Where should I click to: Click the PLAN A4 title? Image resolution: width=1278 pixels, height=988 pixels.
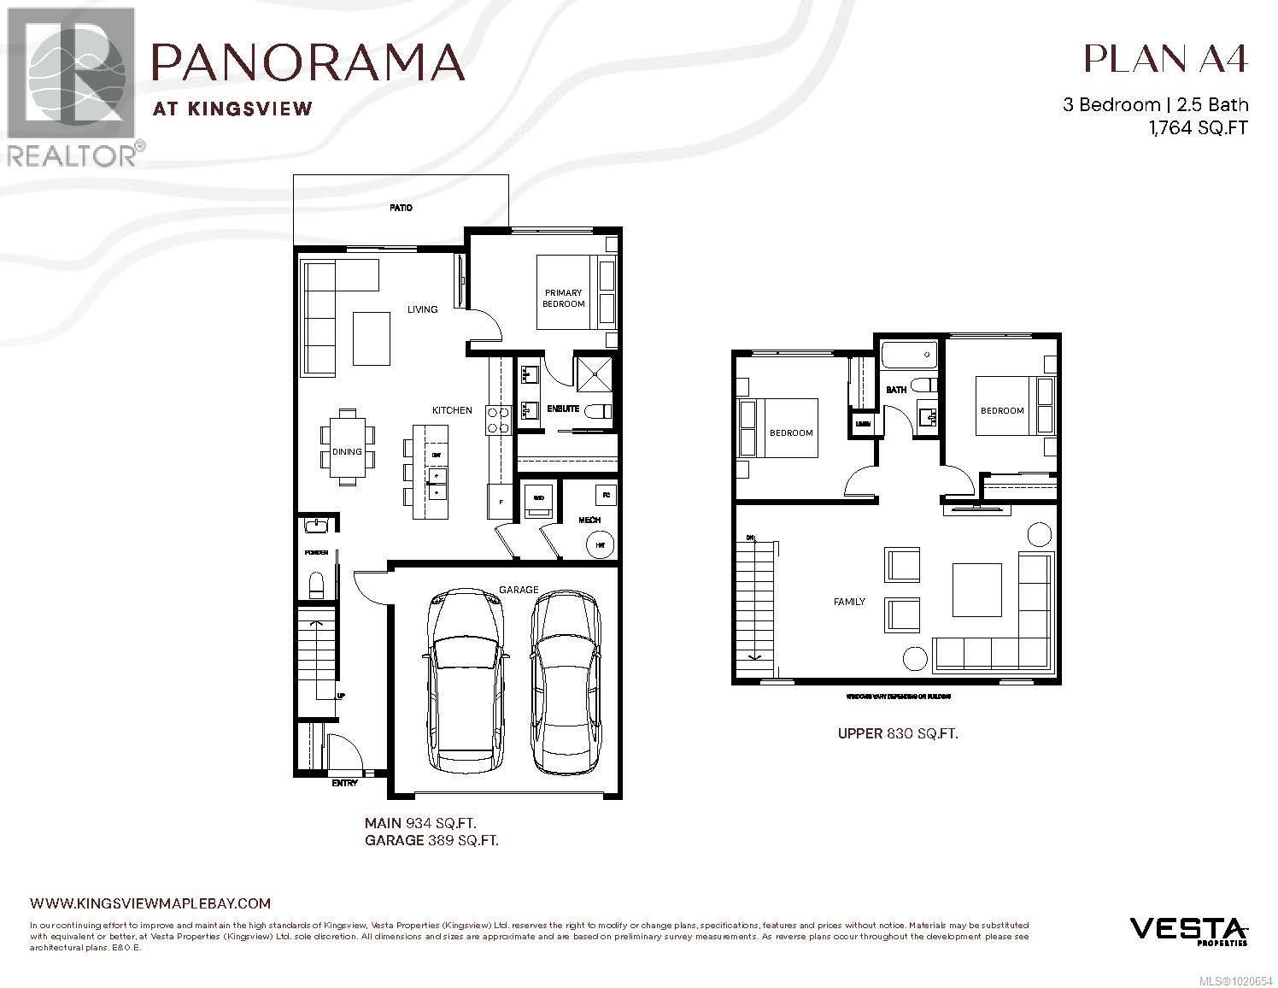pyautogui.click(x=1165, y=58)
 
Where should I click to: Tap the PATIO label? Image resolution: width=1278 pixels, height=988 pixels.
pyautogui.click(x=401, y=208)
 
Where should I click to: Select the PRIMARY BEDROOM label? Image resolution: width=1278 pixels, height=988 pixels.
pyautogui.click(x=563, y=298)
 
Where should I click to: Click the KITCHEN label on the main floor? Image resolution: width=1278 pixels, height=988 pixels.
pyautogui.click(x=451, y=410)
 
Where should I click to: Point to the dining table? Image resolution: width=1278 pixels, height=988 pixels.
pyautogui.click(x=347, y=447)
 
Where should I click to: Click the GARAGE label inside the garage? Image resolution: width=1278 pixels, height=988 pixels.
pyautogui.click(x=519, y=590)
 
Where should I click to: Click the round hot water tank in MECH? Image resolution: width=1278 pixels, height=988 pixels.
pyautogui.click(x=601, y=544)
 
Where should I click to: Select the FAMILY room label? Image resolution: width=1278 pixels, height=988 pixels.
pyautogui.click(x=849, y=602)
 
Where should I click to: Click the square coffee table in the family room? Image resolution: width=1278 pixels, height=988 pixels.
pyautogui.click(x=976, y=589)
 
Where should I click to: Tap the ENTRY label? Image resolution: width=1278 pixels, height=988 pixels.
pyautogui.click(x=344, y=783)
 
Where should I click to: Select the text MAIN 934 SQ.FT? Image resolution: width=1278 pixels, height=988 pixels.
pyautogui.click(x=420, y=823)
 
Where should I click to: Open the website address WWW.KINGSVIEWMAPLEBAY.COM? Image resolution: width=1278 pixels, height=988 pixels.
pyautogui.click(x=149, y=903)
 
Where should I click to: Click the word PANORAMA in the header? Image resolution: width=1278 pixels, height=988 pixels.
pyautogui.click(x=308, y=62)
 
